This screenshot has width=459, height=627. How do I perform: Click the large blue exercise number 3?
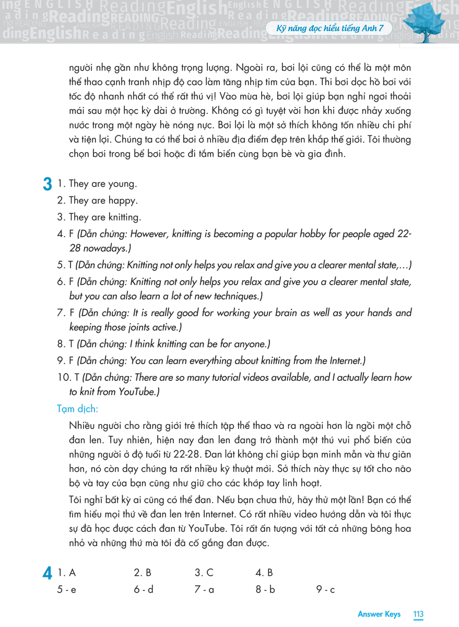pos(47,184)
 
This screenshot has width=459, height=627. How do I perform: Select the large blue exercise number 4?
pos(47,574)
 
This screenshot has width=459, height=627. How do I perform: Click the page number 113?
pos(418,614)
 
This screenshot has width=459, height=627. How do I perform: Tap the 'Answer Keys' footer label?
pos(379,614)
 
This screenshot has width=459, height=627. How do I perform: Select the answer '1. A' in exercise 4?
pos(68,573)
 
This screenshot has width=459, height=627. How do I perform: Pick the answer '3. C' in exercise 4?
pos(204,573)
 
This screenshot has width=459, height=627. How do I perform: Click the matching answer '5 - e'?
pos(67,590)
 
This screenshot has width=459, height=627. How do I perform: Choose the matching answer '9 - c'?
pos(325,590)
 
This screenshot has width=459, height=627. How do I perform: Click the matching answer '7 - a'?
pos(204,590)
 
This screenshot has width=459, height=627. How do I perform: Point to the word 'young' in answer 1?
pos(122,184)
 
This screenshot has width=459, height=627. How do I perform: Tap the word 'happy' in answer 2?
pos(121,201)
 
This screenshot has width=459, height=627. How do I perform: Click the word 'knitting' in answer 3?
pos(124,217)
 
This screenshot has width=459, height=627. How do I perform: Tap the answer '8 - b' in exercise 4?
pos(265,590)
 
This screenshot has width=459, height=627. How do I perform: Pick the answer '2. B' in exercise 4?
pos(142,573)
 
